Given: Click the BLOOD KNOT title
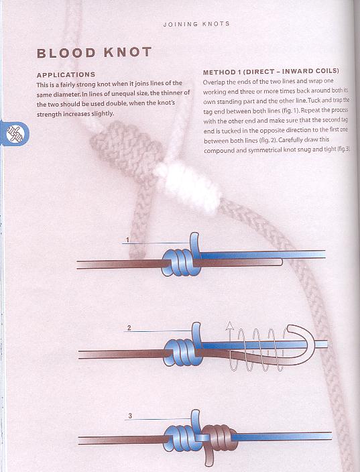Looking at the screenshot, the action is tap(94, 52).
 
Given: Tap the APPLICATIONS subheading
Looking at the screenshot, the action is tap(66, 74).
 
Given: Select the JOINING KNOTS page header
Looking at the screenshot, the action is tap(196, 24).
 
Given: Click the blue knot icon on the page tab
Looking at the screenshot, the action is tap(15, 133).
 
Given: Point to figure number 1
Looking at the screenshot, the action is tap(127, 240).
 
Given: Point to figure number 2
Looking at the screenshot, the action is tap(129, 328).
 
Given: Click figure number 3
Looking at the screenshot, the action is tap(130, 416).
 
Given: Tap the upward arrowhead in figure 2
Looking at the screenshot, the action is tap(230, 325).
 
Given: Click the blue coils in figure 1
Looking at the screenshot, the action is tap(181, 263).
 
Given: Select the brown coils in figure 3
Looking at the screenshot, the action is tap(219, 438).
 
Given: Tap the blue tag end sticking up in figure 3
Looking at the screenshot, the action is tap(195, 419).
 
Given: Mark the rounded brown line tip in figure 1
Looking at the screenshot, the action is tap(280, 262).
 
